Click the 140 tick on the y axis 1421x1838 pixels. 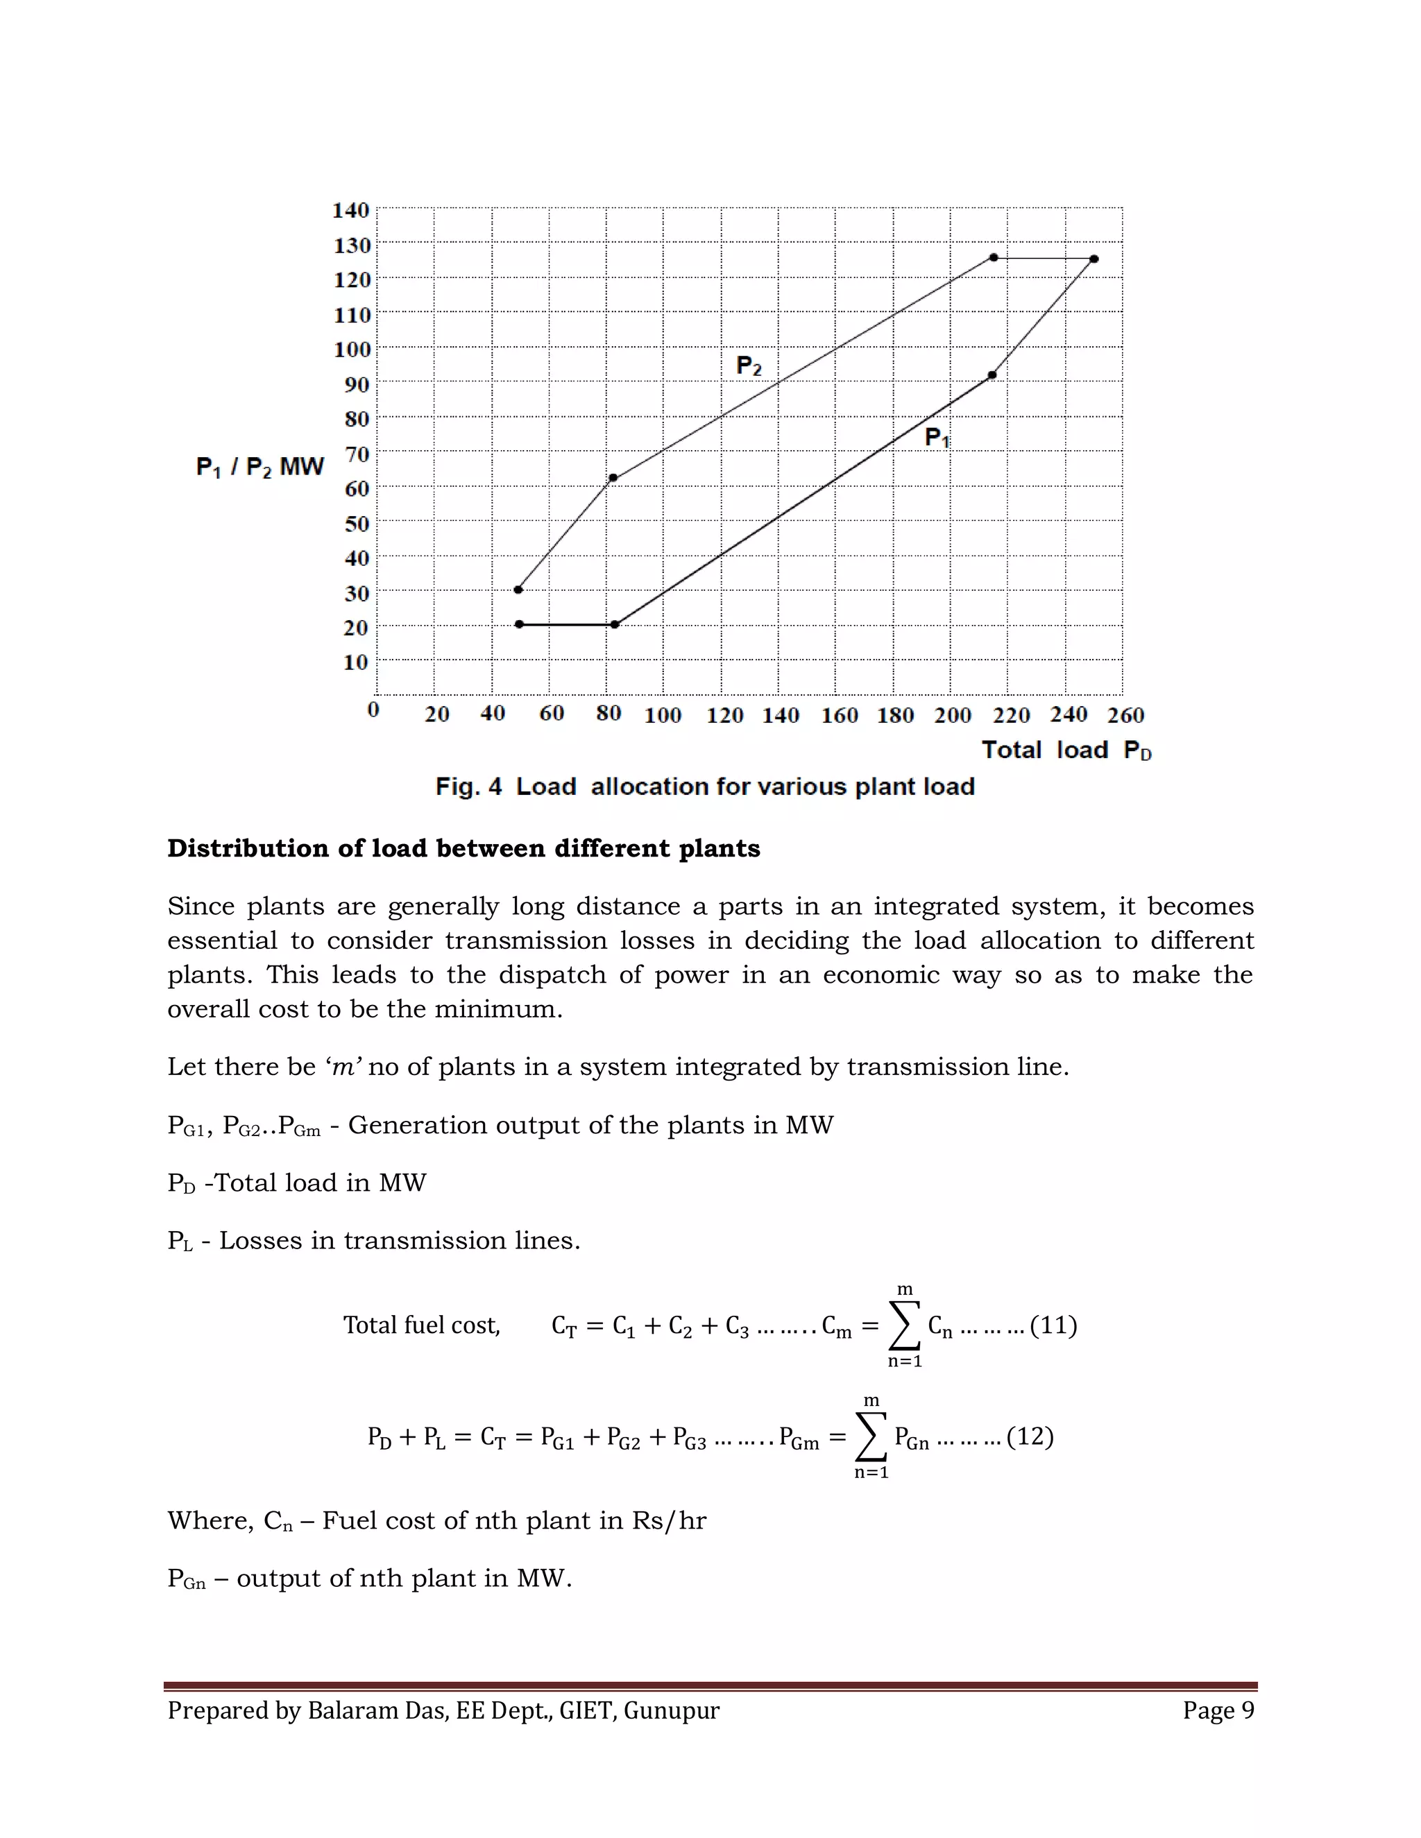351,209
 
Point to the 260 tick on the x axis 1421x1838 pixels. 1125,715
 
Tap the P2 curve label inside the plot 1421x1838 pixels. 749,366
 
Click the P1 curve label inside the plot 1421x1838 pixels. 937,438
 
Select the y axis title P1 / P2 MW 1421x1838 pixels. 259,467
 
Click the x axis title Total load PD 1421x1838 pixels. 1066,750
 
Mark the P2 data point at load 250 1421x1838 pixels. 1094,259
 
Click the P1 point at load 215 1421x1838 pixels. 992,375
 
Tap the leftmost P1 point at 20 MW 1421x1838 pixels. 520,624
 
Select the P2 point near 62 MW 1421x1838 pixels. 613,478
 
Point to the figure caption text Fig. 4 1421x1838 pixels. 468,787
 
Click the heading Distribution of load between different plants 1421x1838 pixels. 463,848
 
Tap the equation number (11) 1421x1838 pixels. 1053,1325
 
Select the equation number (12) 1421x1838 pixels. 1030,1436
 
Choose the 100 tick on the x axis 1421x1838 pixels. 663,715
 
